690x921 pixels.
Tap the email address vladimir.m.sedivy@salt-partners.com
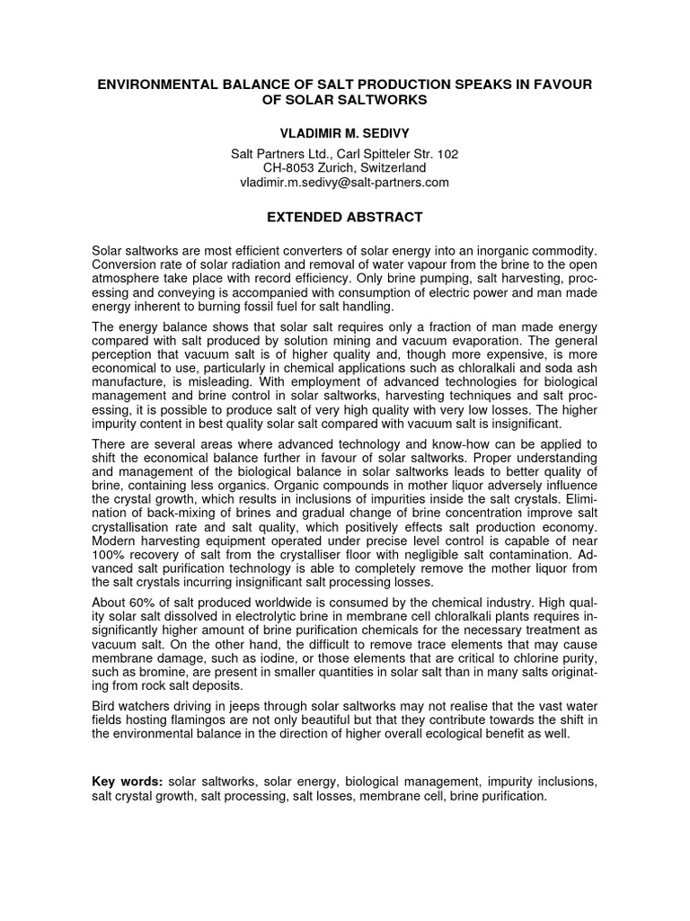344,182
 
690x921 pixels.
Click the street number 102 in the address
447,154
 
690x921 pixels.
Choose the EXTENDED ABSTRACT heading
344,217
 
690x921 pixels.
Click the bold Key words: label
127,782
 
